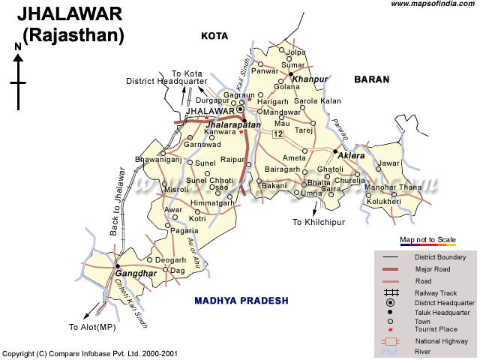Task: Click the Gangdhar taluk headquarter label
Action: (x=136, y=274)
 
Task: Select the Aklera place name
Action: (x=351, y=155)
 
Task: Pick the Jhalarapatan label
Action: (x=232, y=124)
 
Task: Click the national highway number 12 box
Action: (x=278, y=134)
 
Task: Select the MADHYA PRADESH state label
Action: (x=241, y=300)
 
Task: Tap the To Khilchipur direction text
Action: (x=318, y=222)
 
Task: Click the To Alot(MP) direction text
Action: (x=93, y=327)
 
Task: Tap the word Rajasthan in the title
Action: (x=73, y=34)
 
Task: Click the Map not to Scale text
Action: (x=427, y=240)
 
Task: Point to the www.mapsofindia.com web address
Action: (x=431, y=4)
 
